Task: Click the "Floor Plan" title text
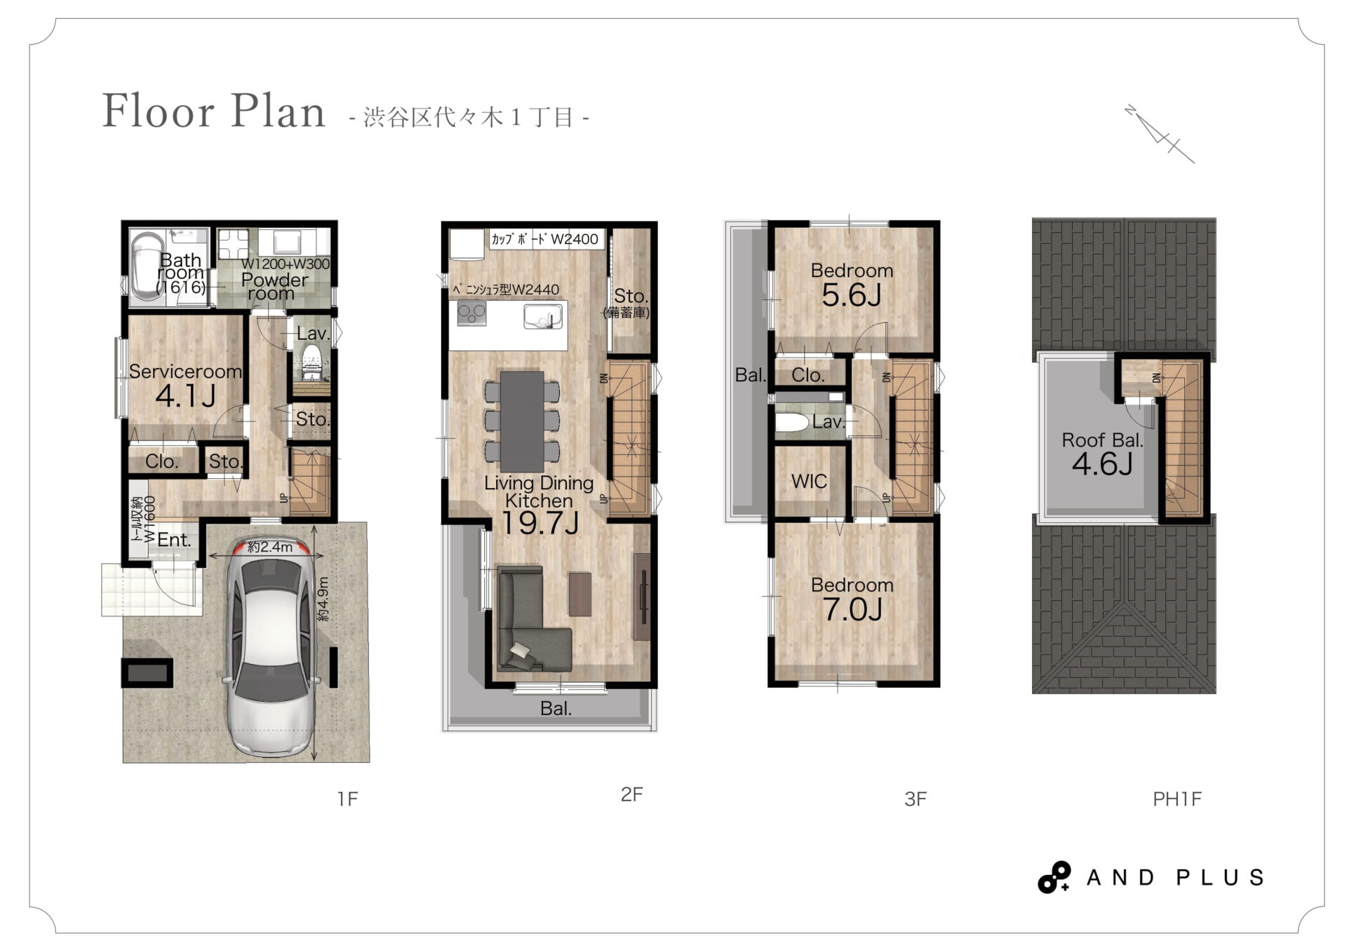214,111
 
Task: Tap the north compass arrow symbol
1159,134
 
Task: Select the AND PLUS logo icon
1054,877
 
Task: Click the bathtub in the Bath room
147,267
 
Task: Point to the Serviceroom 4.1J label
185,385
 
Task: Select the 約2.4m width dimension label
270,547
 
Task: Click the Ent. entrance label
174,540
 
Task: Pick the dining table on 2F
522,421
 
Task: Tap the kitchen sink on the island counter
542,318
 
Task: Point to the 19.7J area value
540,523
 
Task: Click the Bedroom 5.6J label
852,285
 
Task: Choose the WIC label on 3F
809,482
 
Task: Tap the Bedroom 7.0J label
852,599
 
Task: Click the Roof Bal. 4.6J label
1102,454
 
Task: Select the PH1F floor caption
1177,799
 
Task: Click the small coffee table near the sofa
580,594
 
